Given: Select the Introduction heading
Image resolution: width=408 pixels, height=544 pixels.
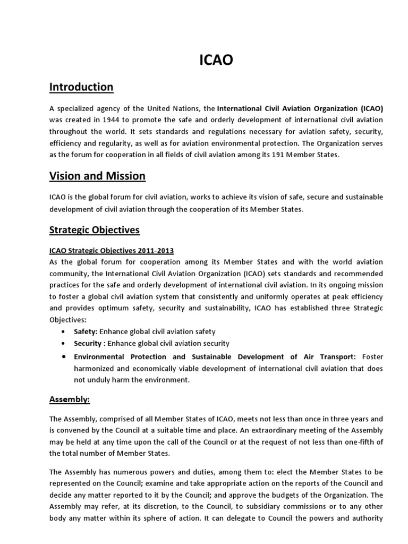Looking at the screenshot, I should coord(81,87).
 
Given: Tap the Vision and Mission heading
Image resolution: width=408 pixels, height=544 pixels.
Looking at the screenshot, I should coord(97,176).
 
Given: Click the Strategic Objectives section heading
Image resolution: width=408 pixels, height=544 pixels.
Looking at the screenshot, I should coord(94,230).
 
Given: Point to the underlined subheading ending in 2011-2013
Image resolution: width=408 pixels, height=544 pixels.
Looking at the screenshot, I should coord(112,250).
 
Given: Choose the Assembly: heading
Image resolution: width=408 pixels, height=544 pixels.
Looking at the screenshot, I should coord(67,398).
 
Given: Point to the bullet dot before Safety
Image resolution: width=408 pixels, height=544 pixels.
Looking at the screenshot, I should coord(64,331).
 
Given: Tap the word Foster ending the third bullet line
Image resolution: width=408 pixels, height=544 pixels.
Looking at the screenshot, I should coord(371,357).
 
